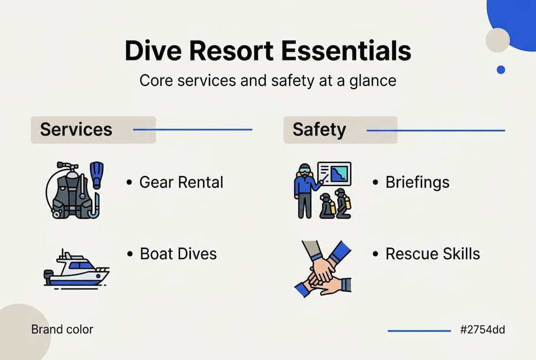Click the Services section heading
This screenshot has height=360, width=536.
click(x=76, y=129)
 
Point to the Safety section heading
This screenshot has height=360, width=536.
click(x=319, y=129)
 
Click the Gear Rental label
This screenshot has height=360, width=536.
click(x=181, y=182)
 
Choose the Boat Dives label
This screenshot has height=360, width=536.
click(x=178, y=253)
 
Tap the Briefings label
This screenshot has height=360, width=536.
click(x=418, y=182)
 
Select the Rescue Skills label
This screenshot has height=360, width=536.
click(x=433, y=253)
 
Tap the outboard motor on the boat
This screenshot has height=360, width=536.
click(x=48, y=275)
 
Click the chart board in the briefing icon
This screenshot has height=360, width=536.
click(x=335, y=173)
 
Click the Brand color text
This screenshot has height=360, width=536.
click(x=62, y=329)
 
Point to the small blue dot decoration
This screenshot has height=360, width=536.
click(x=501, y=70)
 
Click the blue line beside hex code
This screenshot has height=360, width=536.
click(x=419, y=330)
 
